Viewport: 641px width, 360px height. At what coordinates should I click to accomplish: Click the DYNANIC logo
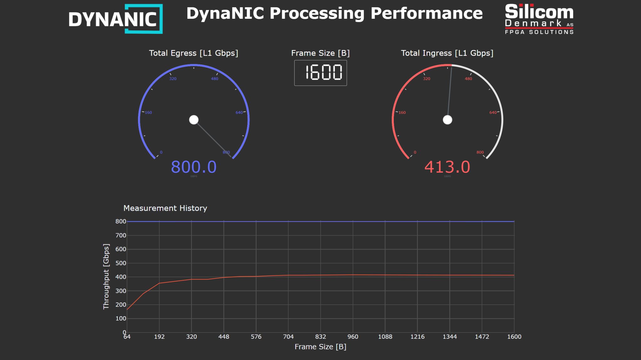115,19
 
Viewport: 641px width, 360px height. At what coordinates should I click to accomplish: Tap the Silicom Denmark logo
539,19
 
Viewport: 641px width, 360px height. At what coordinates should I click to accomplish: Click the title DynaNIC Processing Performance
334,13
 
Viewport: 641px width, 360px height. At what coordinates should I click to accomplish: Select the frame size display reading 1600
320,73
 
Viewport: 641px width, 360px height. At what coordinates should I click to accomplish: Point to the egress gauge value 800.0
193,167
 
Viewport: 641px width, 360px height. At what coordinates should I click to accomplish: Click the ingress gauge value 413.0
447,167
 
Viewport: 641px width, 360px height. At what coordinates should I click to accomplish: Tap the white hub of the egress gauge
194,120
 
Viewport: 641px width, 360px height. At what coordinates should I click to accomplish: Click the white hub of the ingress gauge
447,120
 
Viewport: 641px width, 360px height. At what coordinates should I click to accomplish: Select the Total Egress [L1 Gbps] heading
193,53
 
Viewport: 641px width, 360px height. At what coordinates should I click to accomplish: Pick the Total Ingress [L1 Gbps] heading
447,53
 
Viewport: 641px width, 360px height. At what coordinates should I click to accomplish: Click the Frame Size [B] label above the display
320,53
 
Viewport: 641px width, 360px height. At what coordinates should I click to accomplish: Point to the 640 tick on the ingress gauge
493,112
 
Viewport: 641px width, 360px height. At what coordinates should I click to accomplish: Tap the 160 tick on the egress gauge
148,112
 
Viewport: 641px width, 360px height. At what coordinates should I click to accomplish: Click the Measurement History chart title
165,208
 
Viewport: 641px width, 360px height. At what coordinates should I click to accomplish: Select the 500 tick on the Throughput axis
121,263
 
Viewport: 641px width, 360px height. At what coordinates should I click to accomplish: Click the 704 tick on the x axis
288,337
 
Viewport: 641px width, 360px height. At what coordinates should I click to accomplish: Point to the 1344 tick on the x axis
449,337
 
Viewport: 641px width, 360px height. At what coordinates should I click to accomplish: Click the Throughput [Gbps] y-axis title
106,276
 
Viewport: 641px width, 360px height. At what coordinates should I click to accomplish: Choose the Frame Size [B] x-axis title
320,347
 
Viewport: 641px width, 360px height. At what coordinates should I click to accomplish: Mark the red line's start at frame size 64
127,309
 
